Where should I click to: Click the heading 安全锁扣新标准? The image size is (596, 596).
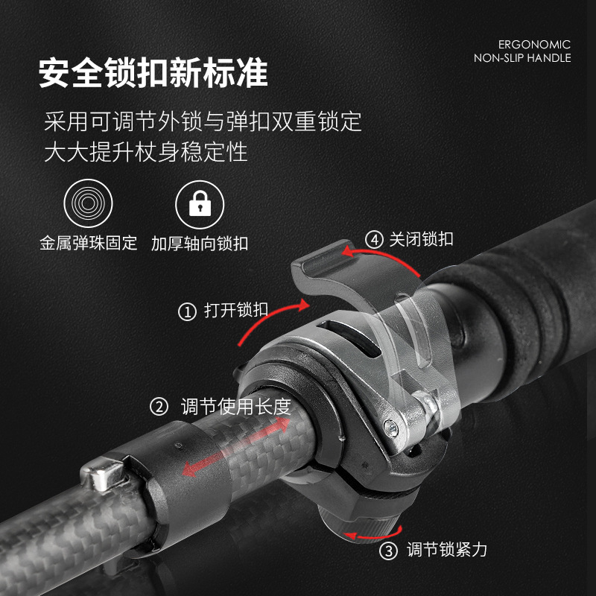click(x=153, y=72)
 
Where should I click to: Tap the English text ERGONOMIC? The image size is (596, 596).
click(x=534, y=45)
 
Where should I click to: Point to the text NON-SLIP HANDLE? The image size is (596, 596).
click(x=522, y=58)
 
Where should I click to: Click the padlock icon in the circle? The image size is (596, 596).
click(x=200, y=204)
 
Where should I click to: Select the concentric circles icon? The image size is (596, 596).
click(x=88, y=203)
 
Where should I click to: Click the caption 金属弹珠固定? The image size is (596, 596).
click(x=88, y=244)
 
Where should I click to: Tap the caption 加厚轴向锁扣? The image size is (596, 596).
click(x=200, y=244)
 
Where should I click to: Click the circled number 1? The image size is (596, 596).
click(x=187, y=312)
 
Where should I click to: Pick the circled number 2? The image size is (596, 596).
click(x=159, y=407)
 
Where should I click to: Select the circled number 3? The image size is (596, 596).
click(x=388, y=551)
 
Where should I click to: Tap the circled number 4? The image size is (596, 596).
click(x=374, y=240)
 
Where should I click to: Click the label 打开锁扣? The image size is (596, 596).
click(x=236, y=310)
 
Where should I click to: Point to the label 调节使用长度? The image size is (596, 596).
click(x=236, y=406)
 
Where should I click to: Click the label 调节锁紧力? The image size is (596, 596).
click(x=447, y=550)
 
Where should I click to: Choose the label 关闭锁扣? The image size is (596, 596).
click(x=421, y=239)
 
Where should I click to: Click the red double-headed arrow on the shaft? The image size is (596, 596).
click(x=236, y=447)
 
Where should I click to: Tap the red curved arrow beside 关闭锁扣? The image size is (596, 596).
click(x=381, y=255)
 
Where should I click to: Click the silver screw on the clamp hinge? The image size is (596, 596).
click(x=390, y=428)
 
